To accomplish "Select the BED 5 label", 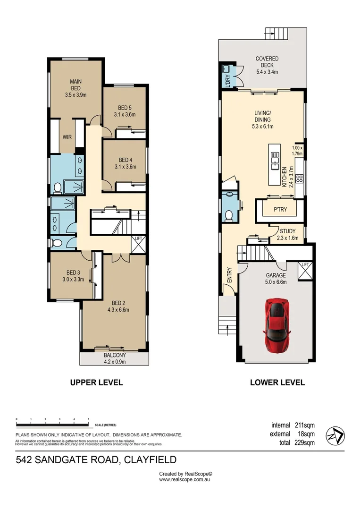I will coord(125,108).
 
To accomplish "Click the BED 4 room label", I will coord(125,160).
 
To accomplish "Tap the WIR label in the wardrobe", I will coord(67,137).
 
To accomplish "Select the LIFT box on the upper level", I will coord(139,244).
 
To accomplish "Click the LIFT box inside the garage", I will coord(305,271).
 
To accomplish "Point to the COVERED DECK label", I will coord(267,59).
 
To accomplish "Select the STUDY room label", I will coord(287,231).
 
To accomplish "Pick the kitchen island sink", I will coord(274,161).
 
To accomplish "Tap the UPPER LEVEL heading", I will coord(96,382).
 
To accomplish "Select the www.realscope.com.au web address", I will coord(184,479).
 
